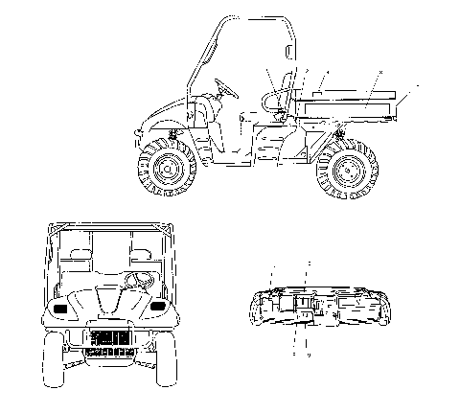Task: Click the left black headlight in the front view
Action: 60,310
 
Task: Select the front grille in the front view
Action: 108,338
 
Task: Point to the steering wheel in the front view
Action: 137,281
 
